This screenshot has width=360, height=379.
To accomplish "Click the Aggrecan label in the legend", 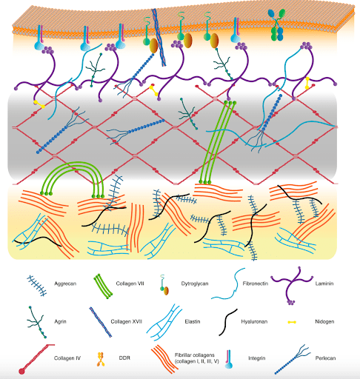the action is pyautogui.click(x=65, y=284).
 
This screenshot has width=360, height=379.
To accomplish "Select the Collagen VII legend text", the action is pyautogui.click(x=130, y=284).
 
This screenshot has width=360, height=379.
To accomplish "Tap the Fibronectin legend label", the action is pyautogui.click(x=256, y=284).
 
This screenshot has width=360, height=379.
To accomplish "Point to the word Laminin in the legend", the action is pyautogui.click(x=324, y=284).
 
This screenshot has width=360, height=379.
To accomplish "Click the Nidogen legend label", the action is pyautogui.click(x=324, y=321).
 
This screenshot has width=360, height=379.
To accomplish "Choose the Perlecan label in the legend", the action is pyautogui.click(x=325, y=358).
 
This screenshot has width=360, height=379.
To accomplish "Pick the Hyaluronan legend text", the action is pyautogui.click(x=254, y=321).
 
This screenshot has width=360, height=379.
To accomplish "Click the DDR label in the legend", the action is pyautogui.click(x=124, y=358).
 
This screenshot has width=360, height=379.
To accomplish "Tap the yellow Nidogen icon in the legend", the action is pyautogui.click(x=292, y=322).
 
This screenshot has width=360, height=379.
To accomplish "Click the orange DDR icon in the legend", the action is pyautogui.click(x=100, y=359).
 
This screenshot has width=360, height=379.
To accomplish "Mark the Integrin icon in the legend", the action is pyautogui.click(x=229, y=359).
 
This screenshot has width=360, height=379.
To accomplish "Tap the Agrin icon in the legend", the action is pyautogui.click(x=36, y=322).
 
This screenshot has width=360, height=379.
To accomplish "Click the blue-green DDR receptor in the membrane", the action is pyautogui.click(x=276, y=24).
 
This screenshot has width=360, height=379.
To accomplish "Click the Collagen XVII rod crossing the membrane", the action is pyautogui.click(x=159, y=37).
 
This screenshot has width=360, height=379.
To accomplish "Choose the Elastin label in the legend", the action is pyautogui.click(x=193, y=321).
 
